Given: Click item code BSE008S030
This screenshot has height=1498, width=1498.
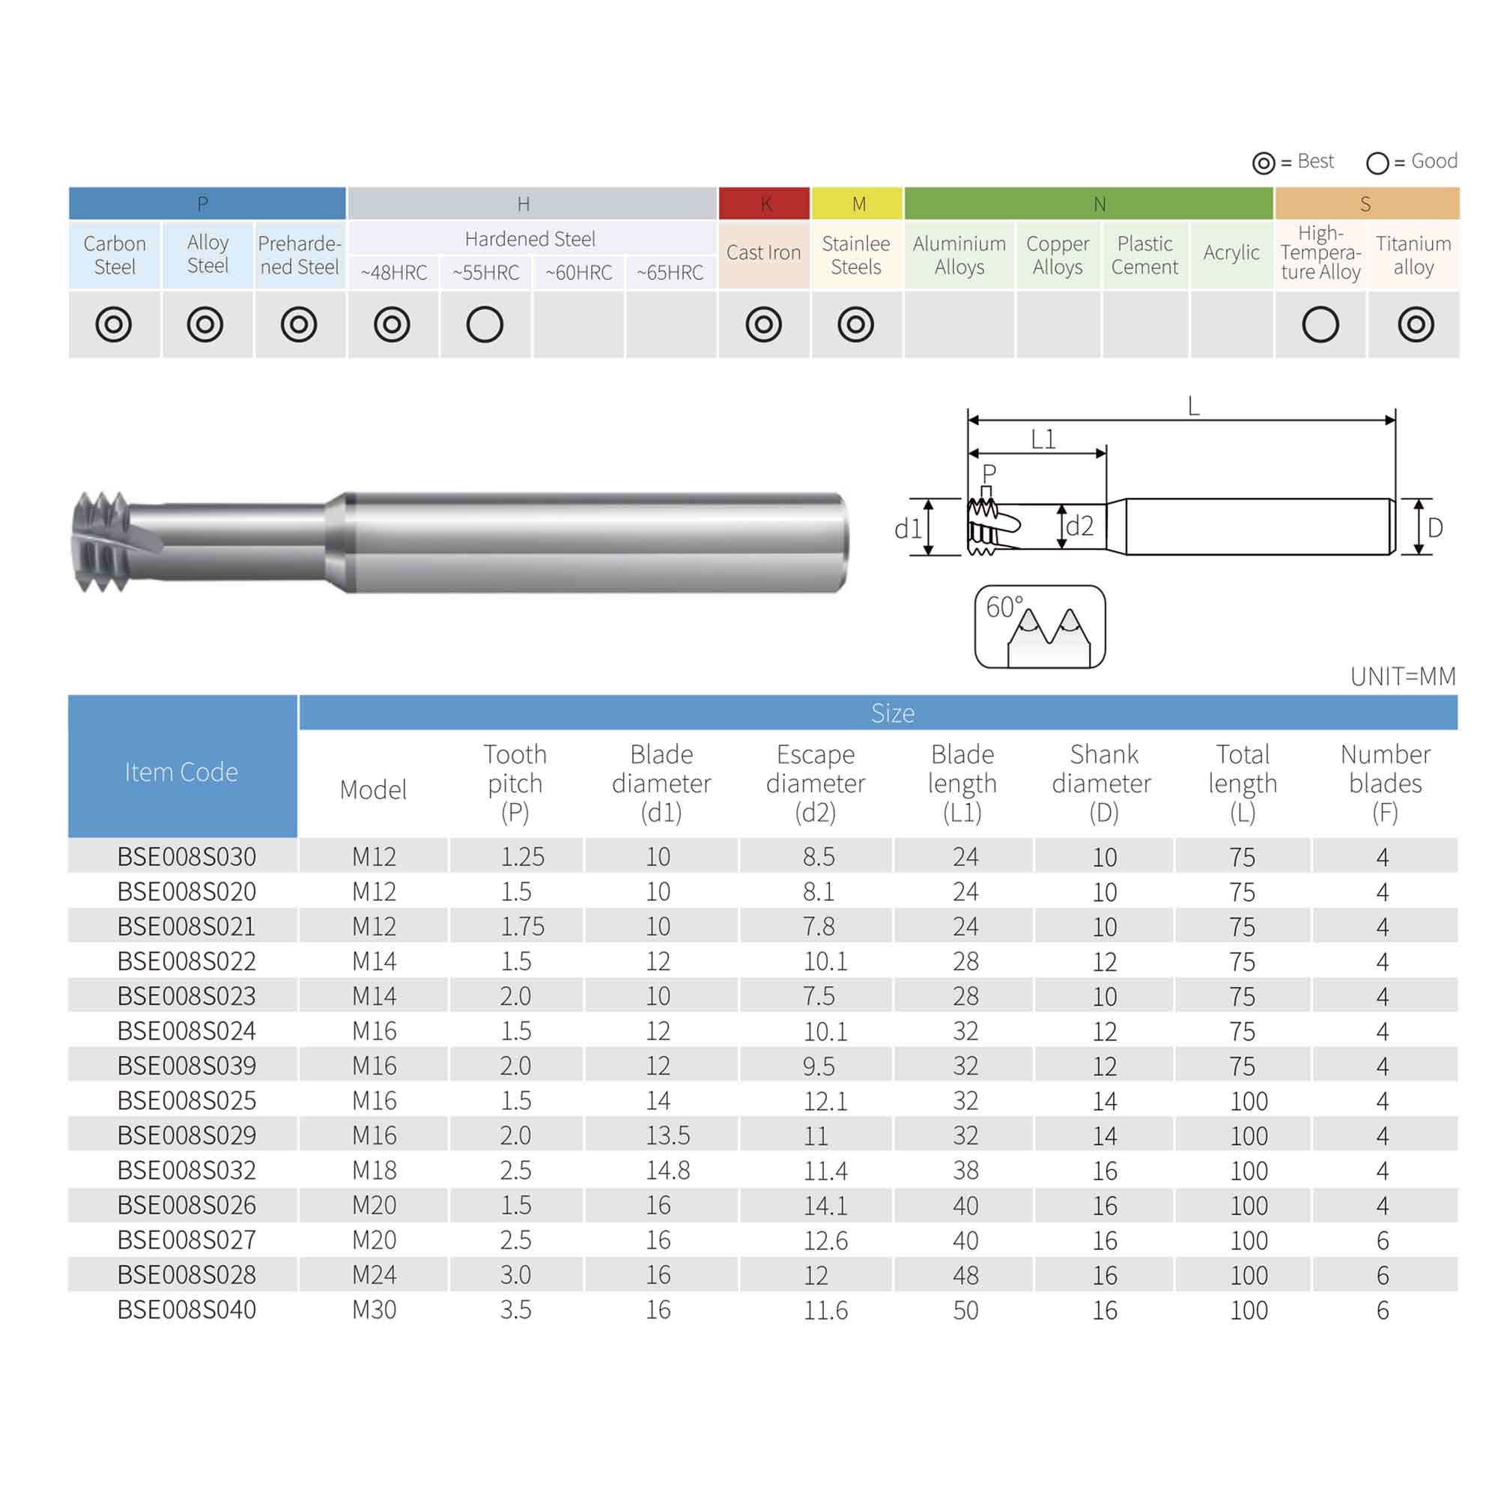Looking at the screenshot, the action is [186, 856].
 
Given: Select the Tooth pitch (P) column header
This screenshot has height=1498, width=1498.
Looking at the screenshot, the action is [515, 783].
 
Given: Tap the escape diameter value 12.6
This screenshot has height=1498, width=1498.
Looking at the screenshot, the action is [825, 1240].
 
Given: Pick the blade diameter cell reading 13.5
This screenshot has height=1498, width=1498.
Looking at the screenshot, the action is [667, 1135].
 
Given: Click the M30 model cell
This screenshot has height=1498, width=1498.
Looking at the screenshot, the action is [374, 1309].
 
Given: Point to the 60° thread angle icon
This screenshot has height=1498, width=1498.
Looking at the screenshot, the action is [1040, 626].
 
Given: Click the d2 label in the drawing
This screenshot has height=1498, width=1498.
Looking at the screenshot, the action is [1079, 526].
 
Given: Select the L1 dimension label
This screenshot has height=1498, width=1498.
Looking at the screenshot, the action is [1043, 440].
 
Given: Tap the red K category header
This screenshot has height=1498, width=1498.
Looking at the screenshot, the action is [764, 203].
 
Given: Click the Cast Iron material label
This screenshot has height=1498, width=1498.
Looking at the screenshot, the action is [763, 252].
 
